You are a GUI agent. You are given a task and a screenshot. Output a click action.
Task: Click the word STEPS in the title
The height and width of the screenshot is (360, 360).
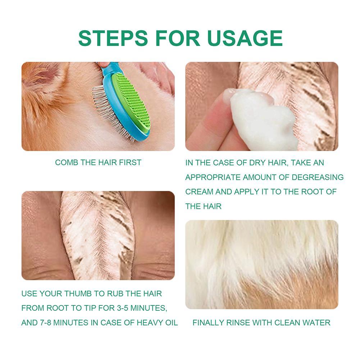pyautogui.click(x=113, y=38)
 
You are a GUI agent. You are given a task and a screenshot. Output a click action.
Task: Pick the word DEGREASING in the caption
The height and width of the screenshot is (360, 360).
pyautogui.click(x=318, y=177)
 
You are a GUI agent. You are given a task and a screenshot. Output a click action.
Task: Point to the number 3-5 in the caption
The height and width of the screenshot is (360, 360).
pyautogui.click(x=122, y=308)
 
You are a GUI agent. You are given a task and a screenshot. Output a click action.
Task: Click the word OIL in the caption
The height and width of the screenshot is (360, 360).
pyautogui.click(x=171, y=323)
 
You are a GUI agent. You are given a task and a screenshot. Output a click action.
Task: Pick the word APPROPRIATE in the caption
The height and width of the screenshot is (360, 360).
pyautogui.click(x=213, y=177)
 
